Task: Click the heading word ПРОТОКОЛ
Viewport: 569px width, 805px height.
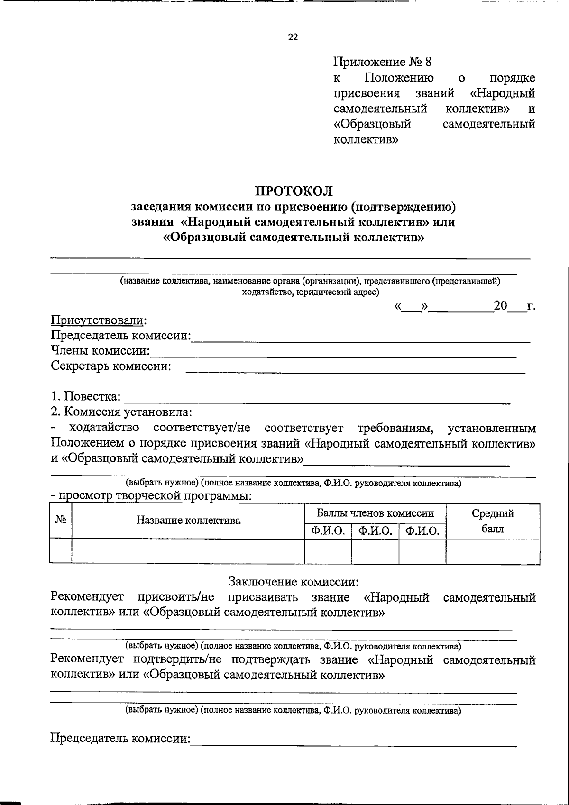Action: click(x=294, y=192)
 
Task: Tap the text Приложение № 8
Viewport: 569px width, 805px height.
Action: click(x=383, y=62)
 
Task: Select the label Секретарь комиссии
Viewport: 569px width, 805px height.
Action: click(x=111, y=366)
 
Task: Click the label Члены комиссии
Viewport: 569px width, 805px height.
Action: click(x=100, y=351)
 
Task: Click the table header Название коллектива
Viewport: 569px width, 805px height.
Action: click(x=188, y=521)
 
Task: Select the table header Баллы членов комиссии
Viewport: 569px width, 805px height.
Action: click(x=375, y=513)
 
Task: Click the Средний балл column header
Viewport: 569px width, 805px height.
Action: click(x=493, y=521)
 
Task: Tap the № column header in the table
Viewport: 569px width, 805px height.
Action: click(x=61, y=520)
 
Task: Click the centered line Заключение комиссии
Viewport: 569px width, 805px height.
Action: click(x=294, y=582)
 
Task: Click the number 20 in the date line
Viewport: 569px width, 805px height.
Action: click(x=500, y=306)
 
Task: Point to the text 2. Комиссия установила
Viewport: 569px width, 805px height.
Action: click(x=121, y=412)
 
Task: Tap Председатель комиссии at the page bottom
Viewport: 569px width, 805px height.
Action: click(x=120, y=739)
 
